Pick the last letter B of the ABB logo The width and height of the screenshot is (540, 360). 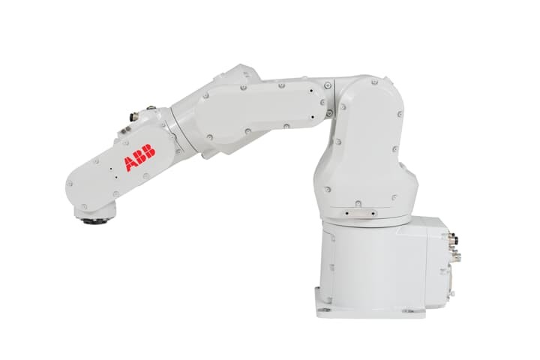150,153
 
